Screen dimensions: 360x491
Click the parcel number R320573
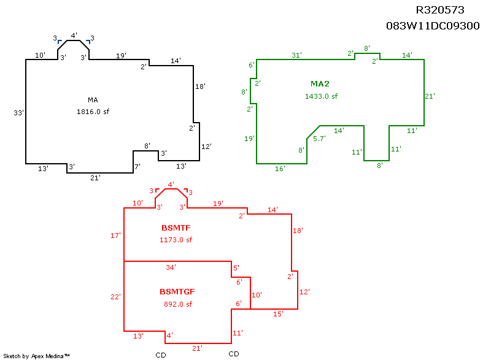coord(440,10)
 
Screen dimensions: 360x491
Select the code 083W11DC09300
coord(433,26)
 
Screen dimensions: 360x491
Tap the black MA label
coord(93,100)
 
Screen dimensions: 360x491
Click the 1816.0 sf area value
coord(93,112)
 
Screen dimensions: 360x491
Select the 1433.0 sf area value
coord(321,96)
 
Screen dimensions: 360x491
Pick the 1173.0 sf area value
coord(176,240)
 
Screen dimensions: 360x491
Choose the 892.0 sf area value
coord(177,304)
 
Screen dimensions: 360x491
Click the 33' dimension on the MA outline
coord(18,113)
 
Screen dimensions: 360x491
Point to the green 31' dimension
coord(296,55)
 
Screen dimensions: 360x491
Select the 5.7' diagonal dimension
coord(319,139)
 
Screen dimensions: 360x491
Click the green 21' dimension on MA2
coord(430,96)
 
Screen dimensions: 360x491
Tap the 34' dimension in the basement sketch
coord(171,267)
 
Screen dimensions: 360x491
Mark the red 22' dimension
coord(115,297)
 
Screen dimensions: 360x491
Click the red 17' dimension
coord(115,236)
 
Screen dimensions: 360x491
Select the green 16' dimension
coord(280,169)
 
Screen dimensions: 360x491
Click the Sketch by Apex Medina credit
coord(36,356)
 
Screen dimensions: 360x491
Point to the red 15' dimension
coord(278,314)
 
